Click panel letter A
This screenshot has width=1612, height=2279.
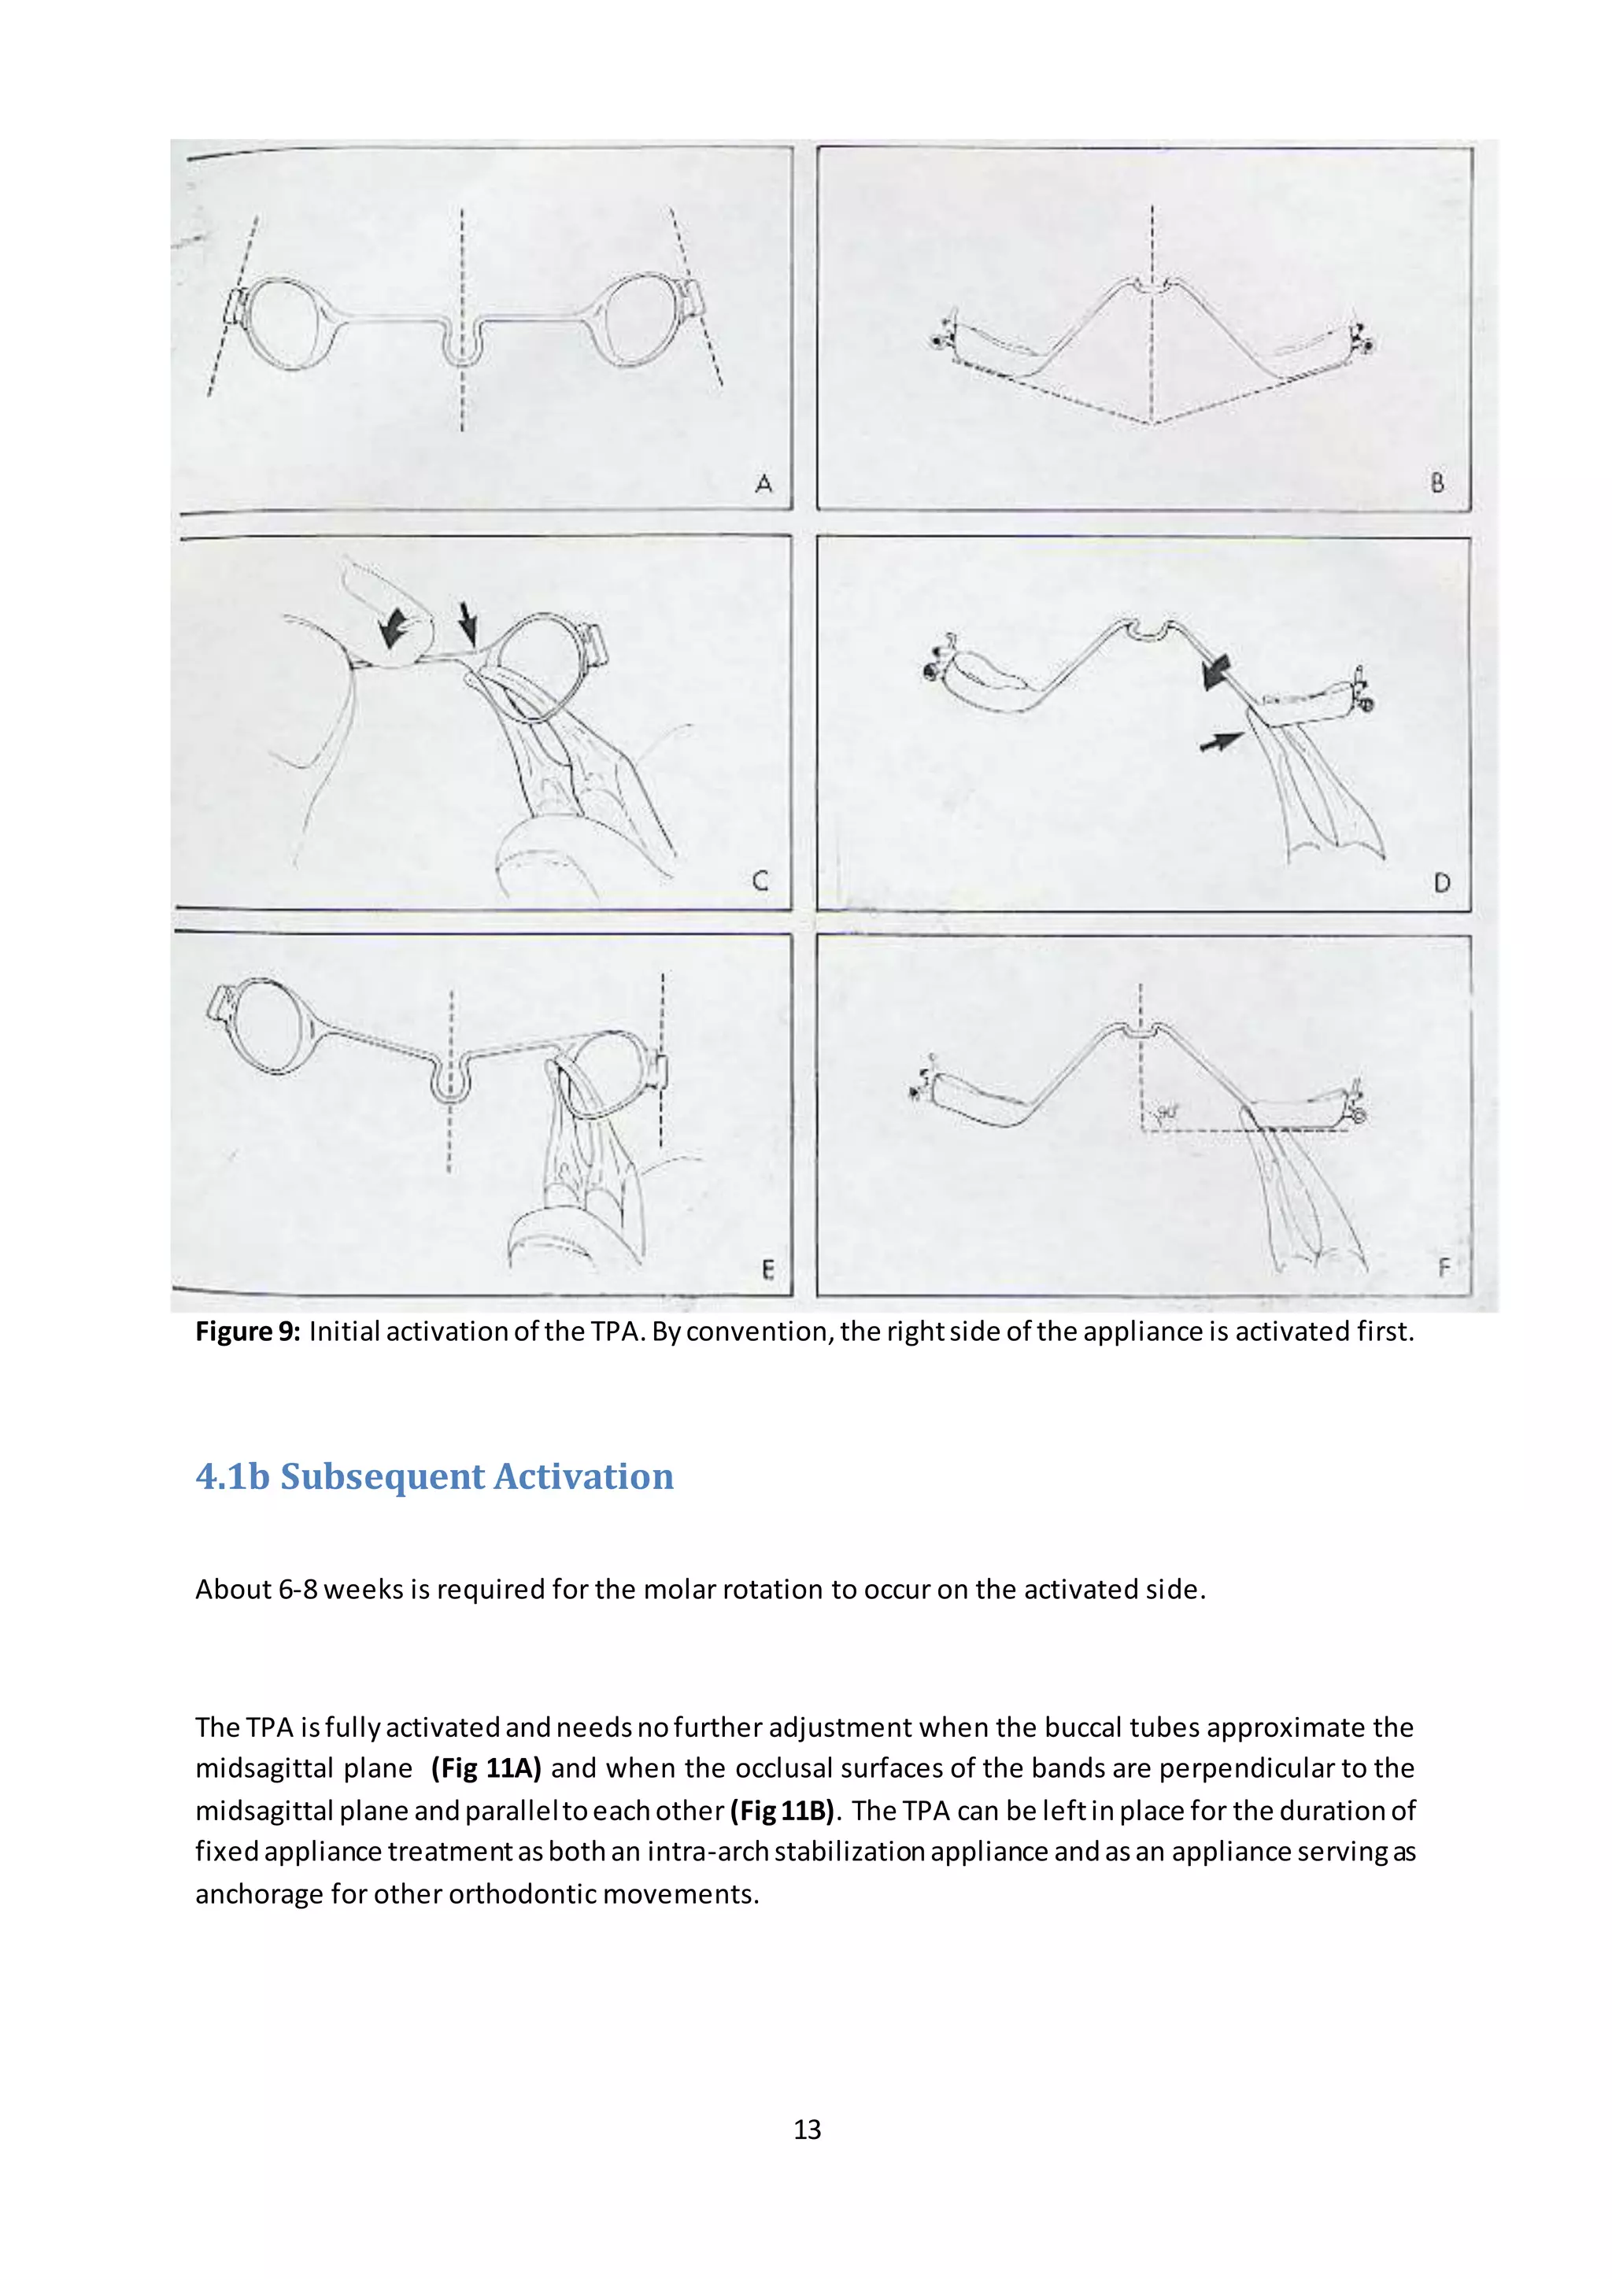pos(763,483)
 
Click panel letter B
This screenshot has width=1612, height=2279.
pos(1437,483)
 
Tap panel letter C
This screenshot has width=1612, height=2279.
pos(760,881)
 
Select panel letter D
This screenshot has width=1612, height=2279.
pos(1442,882)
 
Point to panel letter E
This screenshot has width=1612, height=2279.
pos(767,1269)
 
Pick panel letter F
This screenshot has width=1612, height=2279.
pos(1444,1268)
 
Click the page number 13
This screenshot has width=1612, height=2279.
pos(807,2129)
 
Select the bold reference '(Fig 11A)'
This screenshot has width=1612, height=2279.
pos(486,1767)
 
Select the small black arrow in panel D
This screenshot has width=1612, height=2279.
pos(1221,741)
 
